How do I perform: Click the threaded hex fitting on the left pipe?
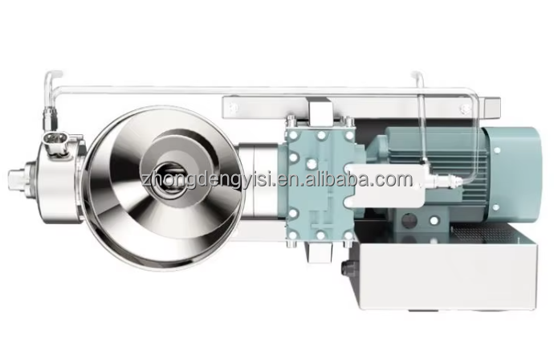tap(50, 119)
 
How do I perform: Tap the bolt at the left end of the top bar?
tap(233, 107)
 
